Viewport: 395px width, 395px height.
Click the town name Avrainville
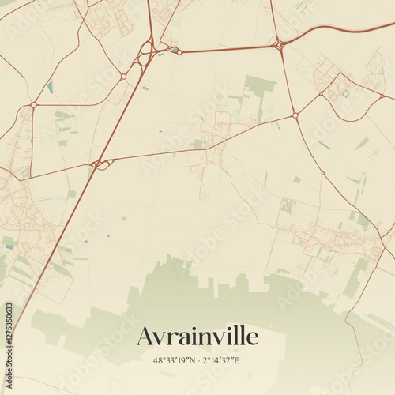click(x=197, y=337)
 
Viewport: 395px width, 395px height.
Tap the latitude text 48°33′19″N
click(x=173, y=361)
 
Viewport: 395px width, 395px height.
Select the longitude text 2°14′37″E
click(x=222, y=361)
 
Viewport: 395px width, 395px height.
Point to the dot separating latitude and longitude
click(x=197, y=361)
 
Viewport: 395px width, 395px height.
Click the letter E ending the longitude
click(x=237, y=361)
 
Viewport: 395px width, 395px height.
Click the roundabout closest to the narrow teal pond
click(x=33, y=104)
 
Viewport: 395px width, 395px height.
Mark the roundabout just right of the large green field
click(x=295, y=115)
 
